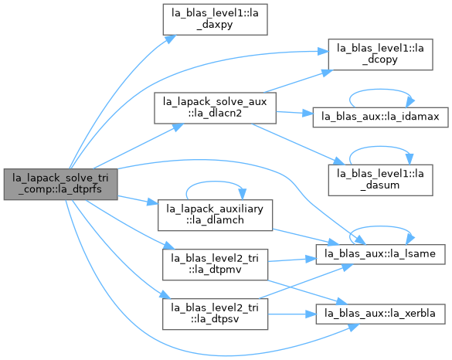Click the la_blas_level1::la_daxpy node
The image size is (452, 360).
coord(215,19)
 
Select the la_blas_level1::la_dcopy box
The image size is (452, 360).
coord(380,55)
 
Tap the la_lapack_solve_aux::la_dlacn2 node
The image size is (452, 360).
coord(215,108)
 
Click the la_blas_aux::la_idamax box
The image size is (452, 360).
coord(380,117)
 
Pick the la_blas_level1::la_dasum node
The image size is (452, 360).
coord(380,180)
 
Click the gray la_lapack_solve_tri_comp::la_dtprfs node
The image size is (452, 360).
coord(60,184)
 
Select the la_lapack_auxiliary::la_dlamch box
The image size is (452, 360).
coord(215,215)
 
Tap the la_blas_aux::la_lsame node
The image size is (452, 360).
coord(380,254)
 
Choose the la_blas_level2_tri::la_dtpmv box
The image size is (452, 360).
coord(215,265)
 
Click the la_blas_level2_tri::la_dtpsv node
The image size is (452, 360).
coord(215,314)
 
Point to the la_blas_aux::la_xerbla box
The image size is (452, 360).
coord(380,314)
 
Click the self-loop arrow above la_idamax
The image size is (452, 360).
coord(380,90)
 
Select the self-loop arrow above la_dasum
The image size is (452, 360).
coord(380,147)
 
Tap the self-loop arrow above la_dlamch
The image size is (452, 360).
coord(215,182)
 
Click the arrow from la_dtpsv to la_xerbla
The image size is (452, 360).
coord(292,314)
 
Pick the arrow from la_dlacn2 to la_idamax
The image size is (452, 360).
coord(294,113)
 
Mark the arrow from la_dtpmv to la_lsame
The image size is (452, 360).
coord(292,260)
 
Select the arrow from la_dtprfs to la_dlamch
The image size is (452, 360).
coord(138,200)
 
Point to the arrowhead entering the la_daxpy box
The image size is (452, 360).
coord(170,39)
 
